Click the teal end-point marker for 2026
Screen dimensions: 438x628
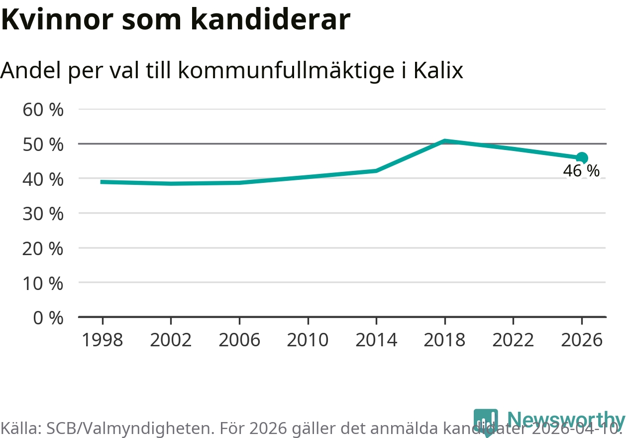pyautogui.click(x=582, y=158)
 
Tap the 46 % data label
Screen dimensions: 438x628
pyautogui.click(x=581, y=171)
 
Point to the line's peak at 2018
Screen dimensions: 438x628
pyautogui.click(x=445, y=142)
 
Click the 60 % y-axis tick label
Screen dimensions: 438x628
pyautogui.click(x=43, y=110)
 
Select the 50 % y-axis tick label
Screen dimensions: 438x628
pyautogui.click(x=43, y=145)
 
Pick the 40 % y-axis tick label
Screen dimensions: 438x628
pyautogui.click(x=43, y=179)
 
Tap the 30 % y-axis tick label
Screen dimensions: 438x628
pyautogui.click(x=43, y=214)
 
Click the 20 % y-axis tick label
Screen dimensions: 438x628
pyautogui.click(x=43, y=248)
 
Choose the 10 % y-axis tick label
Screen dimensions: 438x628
pyautogui.click(x=43, y=283)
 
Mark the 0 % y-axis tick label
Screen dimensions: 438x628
pyautogui.click(x=48, y=317)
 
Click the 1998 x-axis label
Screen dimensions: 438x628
pyautogui.click(x=102, y=340)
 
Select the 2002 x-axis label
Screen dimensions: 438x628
pyautogui.click(x=171, y=340)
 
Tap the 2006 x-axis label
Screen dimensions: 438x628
pyautogui.click(x=239, y=340)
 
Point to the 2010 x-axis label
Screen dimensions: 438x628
pyautogui.click(x=308, y=340)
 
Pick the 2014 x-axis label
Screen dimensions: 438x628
pyautogui.click(x=377, y=340)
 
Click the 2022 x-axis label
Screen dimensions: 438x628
pyautogui.click(x=513, y=340)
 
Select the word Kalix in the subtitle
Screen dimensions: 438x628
pyautogui.click(x=437, y=71)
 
